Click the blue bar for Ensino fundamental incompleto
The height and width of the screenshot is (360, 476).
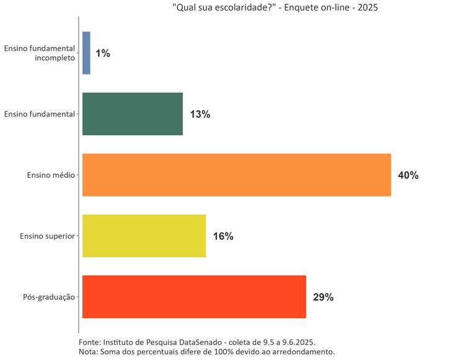pyautogui.click(x=86, y=53)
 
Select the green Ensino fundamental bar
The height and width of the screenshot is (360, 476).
pyautogui.click(x=132, y=114)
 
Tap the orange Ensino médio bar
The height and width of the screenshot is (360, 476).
pyautogui.click(x=236, y=175)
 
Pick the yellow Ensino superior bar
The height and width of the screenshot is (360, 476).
pyautogui.click(x=144, y=236)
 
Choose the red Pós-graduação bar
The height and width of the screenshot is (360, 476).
pyautogui.click(x=194, y=297)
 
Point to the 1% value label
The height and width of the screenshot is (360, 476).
pyautogui.click(x=103, y=53)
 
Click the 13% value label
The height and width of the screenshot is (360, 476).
pyautogui.click(x=200, y=114)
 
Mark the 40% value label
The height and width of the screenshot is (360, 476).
pyautogui.click(x=408, y=175)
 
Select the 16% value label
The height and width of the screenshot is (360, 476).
pyautogui.click(x=223, y=236)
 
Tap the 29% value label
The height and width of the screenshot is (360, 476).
pyautogui.click(x=324, y=297)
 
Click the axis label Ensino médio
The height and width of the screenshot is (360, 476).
pyautogui.click(x=51, y=175)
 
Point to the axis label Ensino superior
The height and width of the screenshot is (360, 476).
pyautogui.click(x=47, y=236)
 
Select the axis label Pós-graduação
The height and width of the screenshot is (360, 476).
pyautogui.click(x=48, y=297)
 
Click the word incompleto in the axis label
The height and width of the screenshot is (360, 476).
pyautogui.click(x=55, y=58)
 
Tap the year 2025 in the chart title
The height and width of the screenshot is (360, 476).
pyautogui.click(x=366, y=8)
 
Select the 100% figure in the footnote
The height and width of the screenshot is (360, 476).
pyautogui.click(x=219, y=352)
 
